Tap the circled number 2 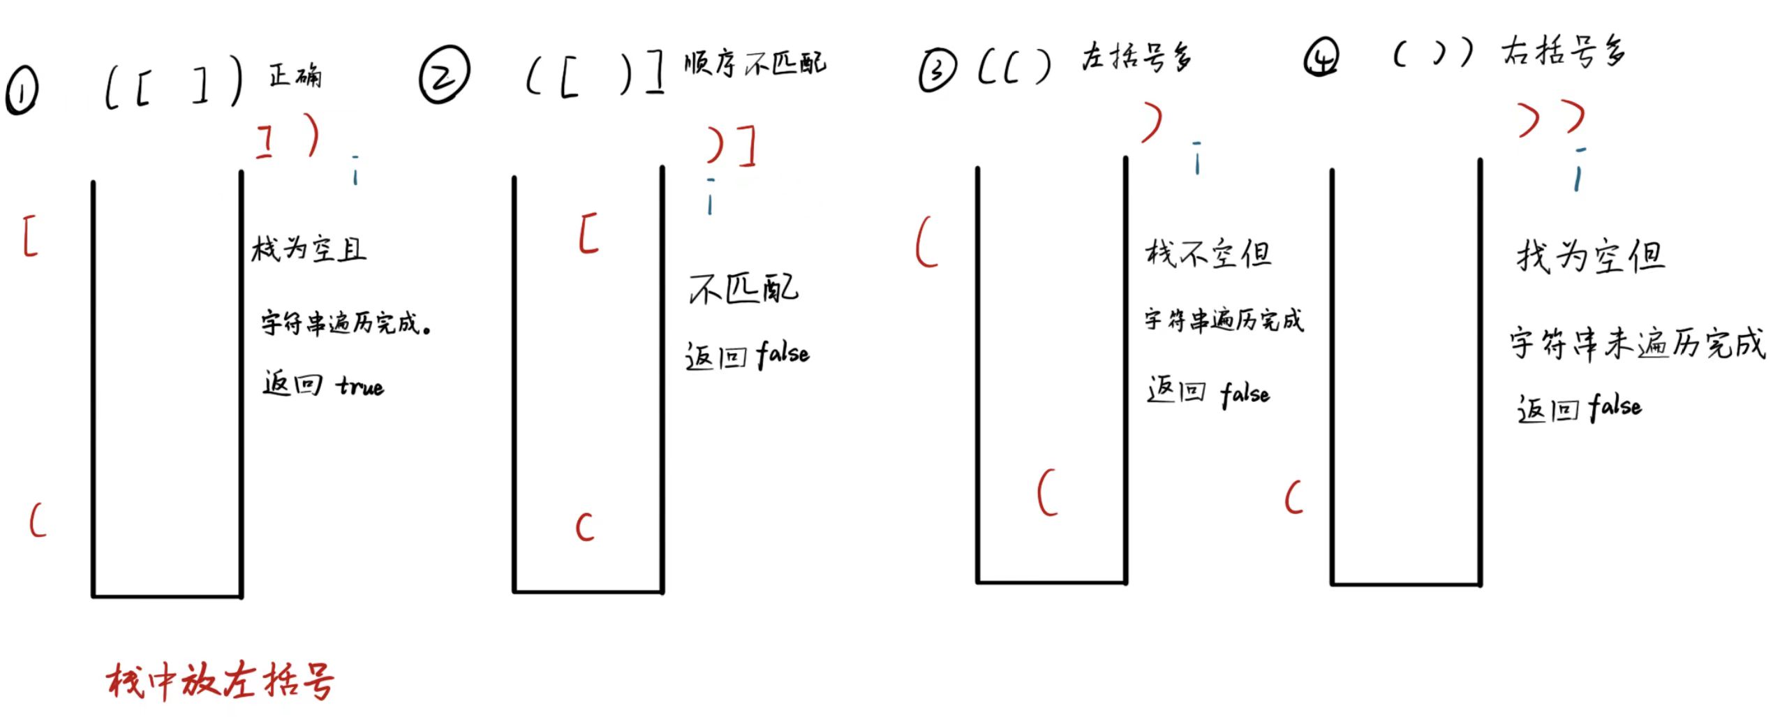[445, 74]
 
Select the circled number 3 [937, 71]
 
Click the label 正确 [295, 75]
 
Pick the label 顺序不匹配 [755, 64]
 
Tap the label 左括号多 [1136, 57]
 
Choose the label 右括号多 [1564, 51]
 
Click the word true [360, 386]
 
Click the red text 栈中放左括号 [221, 680]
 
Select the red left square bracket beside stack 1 [30, 236]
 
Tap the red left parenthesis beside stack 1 [38, 520]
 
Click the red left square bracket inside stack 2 [588, 233]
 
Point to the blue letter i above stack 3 [1197, 158]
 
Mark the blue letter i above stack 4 [1578, 170]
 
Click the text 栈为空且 [309, 249]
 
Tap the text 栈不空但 [1208, 253]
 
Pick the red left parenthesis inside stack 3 [1047, 492]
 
